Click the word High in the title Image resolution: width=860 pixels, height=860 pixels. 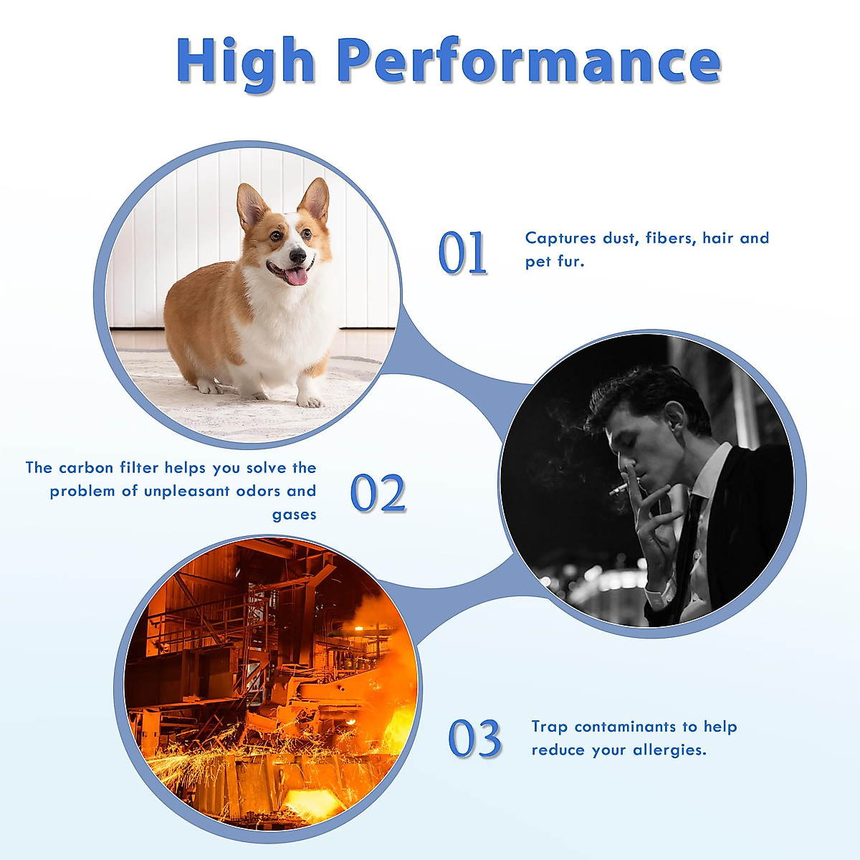tap(246, 63)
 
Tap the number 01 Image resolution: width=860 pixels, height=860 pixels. tap(462, 252)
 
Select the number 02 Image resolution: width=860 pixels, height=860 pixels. tap(378, 492)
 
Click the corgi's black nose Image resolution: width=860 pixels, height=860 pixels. tap(297, 255)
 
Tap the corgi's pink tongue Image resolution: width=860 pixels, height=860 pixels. tap(296, 277)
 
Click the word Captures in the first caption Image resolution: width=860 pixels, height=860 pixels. tap(560, 239)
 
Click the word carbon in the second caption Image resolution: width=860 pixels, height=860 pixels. tap(86, 467)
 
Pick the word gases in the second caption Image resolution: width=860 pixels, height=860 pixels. tap(294, 515)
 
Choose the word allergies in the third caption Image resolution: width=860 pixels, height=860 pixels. tap(670, 750)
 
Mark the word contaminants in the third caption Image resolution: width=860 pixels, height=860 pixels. tap(625, 727)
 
